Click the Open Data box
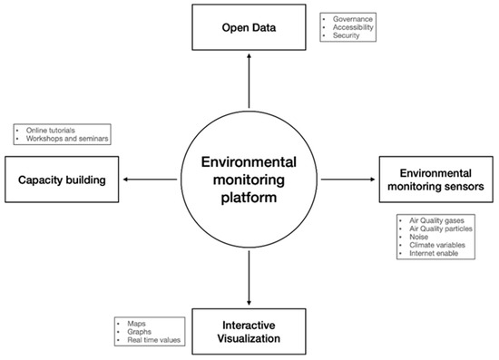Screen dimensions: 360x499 point(249,26)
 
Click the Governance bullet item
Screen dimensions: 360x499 point(352,18)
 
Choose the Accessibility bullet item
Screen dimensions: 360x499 point(354,27)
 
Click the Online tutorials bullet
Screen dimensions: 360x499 point(45,129)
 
